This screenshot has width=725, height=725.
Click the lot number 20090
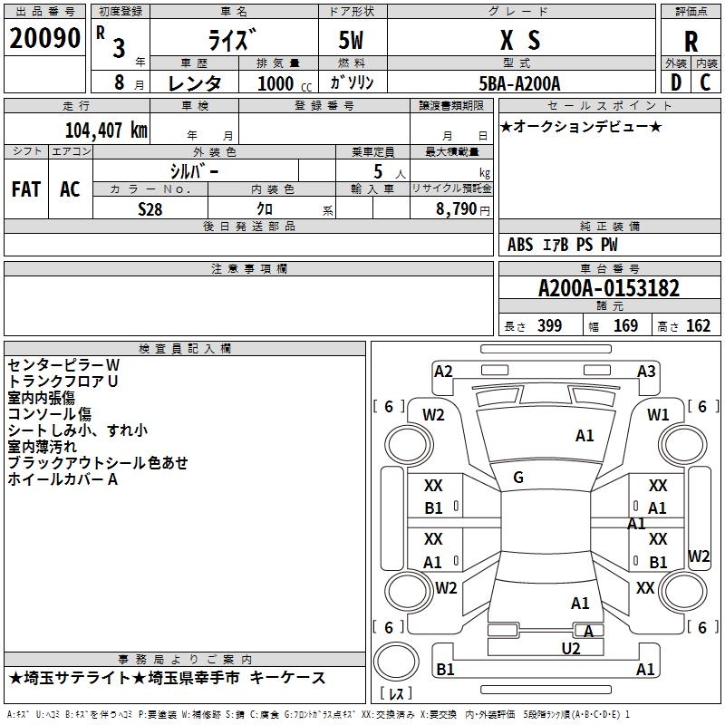point(44,38)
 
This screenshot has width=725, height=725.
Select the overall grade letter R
point(691,42)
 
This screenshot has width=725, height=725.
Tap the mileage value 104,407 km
point(106,130)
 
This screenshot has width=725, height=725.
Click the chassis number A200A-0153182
point(609,288)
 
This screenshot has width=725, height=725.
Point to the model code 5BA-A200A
point(519,83)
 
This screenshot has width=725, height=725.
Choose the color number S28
point(150,209)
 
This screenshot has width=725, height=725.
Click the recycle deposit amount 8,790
point(457,209)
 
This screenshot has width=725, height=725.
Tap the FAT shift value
point(26,189)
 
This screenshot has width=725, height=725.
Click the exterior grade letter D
point(676,82)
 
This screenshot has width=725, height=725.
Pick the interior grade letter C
point(705,82)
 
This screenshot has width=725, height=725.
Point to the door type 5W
point(351,40)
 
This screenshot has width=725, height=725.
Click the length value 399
point(549,326)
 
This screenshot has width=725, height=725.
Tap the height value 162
point(698,326)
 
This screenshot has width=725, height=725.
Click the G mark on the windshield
point(518,478)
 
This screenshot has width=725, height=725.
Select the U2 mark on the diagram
point(571,649)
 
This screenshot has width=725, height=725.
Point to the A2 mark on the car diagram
point(443,372)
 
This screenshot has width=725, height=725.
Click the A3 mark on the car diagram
point(646,372)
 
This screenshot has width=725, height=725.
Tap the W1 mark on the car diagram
point(658,415)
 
